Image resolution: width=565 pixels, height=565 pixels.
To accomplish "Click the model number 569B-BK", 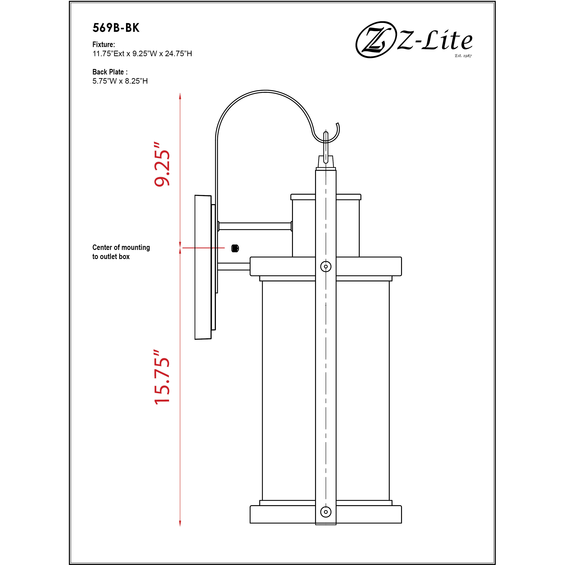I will [116, 28].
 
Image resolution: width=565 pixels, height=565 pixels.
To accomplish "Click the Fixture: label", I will [104, 44].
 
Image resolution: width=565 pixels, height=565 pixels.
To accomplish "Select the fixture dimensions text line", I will [142, 54].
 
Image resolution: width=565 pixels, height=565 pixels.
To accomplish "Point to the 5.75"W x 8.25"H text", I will [120, 81].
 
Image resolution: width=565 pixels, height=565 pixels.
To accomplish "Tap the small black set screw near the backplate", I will [235, 248].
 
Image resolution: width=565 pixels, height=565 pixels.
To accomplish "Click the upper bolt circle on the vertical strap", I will [326, 266].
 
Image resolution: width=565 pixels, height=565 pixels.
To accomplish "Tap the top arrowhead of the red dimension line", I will [180, 96].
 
